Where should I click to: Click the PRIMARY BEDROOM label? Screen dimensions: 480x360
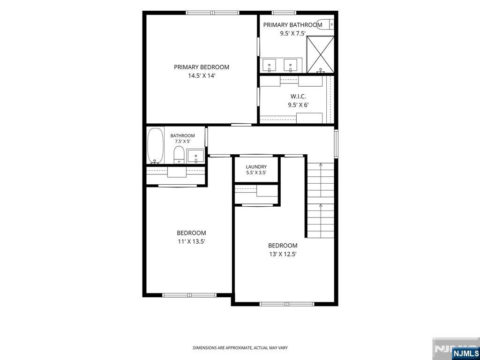click(202, 67)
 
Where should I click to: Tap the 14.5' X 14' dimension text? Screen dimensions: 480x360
click(202, 75)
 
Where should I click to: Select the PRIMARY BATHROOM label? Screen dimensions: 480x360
click(292, 25)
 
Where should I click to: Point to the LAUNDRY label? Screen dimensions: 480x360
click(256, 167)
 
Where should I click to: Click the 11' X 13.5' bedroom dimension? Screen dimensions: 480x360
click(191, 241)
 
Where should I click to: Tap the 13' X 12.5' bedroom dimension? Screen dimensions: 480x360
click(283, 254)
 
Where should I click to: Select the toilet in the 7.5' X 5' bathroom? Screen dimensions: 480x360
click(179, 155)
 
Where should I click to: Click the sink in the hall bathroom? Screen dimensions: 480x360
click(195, 156)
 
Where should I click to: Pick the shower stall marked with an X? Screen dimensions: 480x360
click(320, 54)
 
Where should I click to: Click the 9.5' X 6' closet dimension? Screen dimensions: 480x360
click(298, 105)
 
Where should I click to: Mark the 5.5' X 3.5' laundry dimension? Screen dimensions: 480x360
click(256, 172)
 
